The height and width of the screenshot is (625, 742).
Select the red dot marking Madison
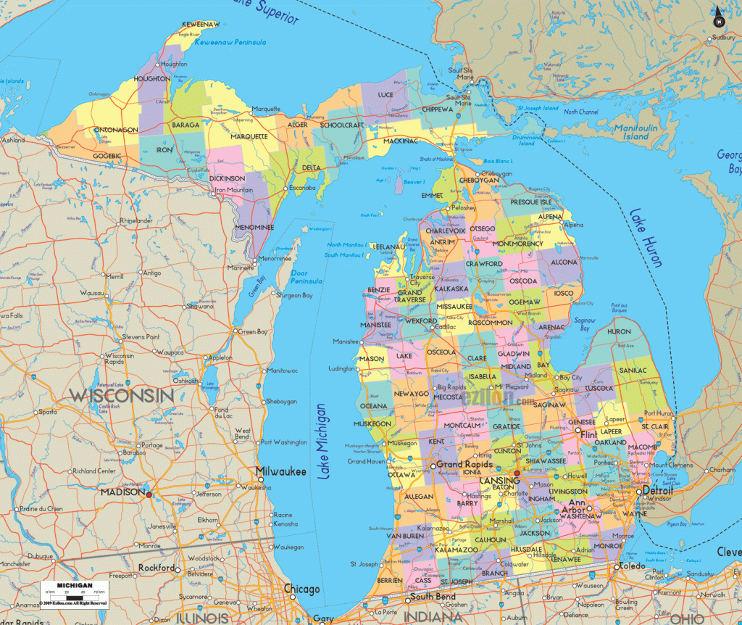click(149, 494)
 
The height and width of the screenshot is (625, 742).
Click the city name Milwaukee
click(280, 471)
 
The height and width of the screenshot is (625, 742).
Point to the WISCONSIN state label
click(121, 396)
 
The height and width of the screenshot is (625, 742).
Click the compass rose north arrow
click(717, 16)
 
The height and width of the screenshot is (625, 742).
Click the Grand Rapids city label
click(464, 465)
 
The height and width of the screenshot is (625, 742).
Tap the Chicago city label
click(301, 588)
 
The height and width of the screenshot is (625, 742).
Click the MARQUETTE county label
click(249, 136)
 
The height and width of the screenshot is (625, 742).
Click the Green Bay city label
click(253, 332)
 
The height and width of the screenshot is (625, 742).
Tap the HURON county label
click(619, 331)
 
